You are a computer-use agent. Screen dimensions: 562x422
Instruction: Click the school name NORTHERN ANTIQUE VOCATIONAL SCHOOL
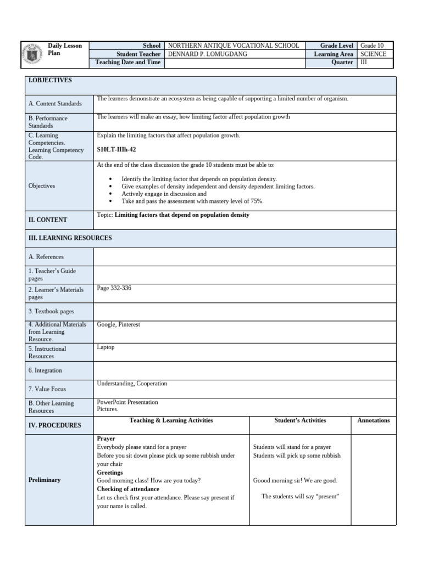tap(233, 46)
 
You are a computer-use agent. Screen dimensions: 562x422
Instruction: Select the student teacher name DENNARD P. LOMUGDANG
tap(207, 54)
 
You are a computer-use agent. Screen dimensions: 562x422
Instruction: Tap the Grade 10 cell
tap(372, 46)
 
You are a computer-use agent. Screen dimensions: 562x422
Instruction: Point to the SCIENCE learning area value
tap(373, 54)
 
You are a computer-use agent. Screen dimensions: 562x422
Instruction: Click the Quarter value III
tap(364, 63)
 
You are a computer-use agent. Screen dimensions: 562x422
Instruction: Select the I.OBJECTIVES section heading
tap(50, 80)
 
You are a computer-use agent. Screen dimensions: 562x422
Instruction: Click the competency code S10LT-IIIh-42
tap(116, 149)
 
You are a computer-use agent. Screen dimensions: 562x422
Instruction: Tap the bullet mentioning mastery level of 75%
tap(192, 201)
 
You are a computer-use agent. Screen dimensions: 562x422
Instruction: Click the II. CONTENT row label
tap(48, 220)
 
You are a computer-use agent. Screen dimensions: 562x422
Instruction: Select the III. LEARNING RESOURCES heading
tap(70, 238)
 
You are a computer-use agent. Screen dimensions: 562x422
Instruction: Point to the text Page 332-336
tap(114, 288)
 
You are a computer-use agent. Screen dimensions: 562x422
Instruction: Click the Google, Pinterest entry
tap(118, 324)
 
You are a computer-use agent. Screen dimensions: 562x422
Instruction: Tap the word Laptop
tap(105, 347)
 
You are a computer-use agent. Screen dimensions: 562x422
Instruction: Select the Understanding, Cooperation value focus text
tap(132, 384)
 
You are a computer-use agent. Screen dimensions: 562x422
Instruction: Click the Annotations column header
tap(373, 420)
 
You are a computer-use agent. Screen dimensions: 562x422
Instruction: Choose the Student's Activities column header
tap(300, 420)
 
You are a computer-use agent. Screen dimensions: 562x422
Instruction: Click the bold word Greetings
tap(110, 472)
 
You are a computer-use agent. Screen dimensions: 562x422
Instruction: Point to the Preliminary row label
tap(45, 480)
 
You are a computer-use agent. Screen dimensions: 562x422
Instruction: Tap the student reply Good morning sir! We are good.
tap(295, 480)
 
